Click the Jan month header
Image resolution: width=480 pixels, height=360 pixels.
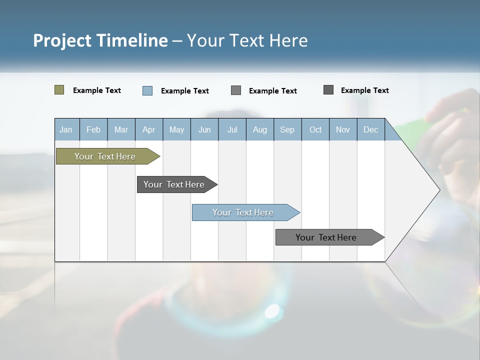[66, 129]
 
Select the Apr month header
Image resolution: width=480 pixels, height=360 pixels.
[148, 129]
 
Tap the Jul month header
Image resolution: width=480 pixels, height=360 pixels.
[232, 129]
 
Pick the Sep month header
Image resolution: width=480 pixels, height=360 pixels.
[287, 129]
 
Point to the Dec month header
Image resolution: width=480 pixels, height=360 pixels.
[370, 129]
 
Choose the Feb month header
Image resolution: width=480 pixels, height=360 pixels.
[93, 129]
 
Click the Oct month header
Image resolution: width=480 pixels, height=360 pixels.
[315, 129]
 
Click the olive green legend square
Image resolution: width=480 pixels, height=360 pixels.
[59, 90]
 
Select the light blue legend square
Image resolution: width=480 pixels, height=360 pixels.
[147, 90]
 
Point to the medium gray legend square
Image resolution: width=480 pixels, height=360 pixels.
[236, 90]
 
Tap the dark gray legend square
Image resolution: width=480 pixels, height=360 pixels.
[328, 90]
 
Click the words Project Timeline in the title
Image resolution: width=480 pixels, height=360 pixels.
[100, 40]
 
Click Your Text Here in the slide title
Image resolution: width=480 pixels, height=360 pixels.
[247, 40]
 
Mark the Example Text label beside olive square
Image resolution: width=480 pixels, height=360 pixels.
[97, 90]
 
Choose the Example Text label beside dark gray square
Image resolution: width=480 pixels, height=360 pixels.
[364, 90]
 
